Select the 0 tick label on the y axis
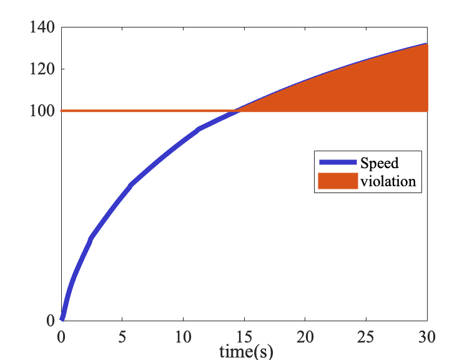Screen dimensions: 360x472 click(51, 320)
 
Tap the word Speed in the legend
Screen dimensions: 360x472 click(379, 163)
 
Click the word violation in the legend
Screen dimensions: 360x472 click(388, 181)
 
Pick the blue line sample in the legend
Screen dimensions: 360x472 click(338, 163)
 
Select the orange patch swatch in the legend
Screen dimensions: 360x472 click(338, 181)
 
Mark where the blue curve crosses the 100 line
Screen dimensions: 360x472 click(236, 111)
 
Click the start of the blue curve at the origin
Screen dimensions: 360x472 click(62, 319)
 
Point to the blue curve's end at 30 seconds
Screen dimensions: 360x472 click(426, 44)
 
